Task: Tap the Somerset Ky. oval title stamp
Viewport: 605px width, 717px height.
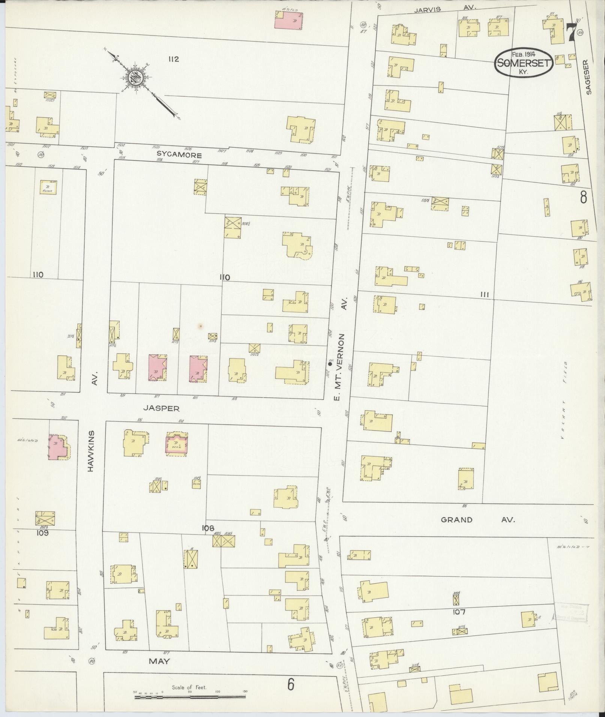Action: pos(524,63)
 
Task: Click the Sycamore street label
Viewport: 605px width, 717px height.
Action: pos(179,155)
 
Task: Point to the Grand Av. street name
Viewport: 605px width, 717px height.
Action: pos(478,520)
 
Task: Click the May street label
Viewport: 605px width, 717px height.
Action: pos(159,662)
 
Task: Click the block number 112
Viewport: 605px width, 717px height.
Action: pos(174,59)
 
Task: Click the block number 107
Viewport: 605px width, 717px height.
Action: pos(459,612)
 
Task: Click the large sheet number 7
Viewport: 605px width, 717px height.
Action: pos(571,33)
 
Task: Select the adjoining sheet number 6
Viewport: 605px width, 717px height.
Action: pos(290,684)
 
